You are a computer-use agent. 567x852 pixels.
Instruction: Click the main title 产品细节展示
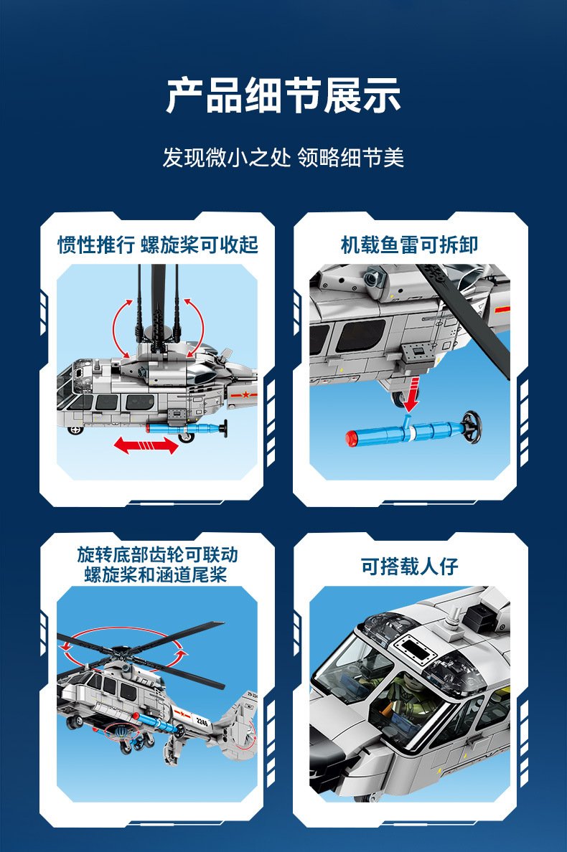pyautogui.click(x=283, y=95)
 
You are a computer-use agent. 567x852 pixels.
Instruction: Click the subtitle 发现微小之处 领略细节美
pyautogui.click(x=283, y=158)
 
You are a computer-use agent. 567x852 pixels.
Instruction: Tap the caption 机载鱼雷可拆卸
pyautogui.click(x=409, y=245)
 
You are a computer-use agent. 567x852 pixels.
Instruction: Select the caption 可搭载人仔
pyautogui.click(x=409, y=566)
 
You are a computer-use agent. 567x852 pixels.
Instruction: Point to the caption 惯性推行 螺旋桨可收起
pyautogui.click(x=158, y=245)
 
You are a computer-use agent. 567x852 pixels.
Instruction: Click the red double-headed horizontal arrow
pyautogui.click(x=146, y=445)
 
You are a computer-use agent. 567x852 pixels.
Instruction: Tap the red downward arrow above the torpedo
pyautogui.click(x=411, y=396)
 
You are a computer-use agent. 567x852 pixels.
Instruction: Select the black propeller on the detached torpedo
pyautogui.click(x=472, y=427)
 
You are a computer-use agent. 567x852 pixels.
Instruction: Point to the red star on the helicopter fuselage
pyautogui.click(x=245, y=394)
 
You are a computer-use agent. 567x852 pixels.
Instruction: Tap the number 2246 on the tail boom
pyautogui.click(x=202, y=722)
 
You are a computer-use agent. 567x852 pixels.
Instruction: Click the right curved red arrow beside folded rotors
pyautogui.click(x=194, y=327)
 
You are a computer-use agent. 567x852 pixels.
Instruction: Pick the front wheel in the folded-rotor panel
pyautogui.click(x=75, y=430)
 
